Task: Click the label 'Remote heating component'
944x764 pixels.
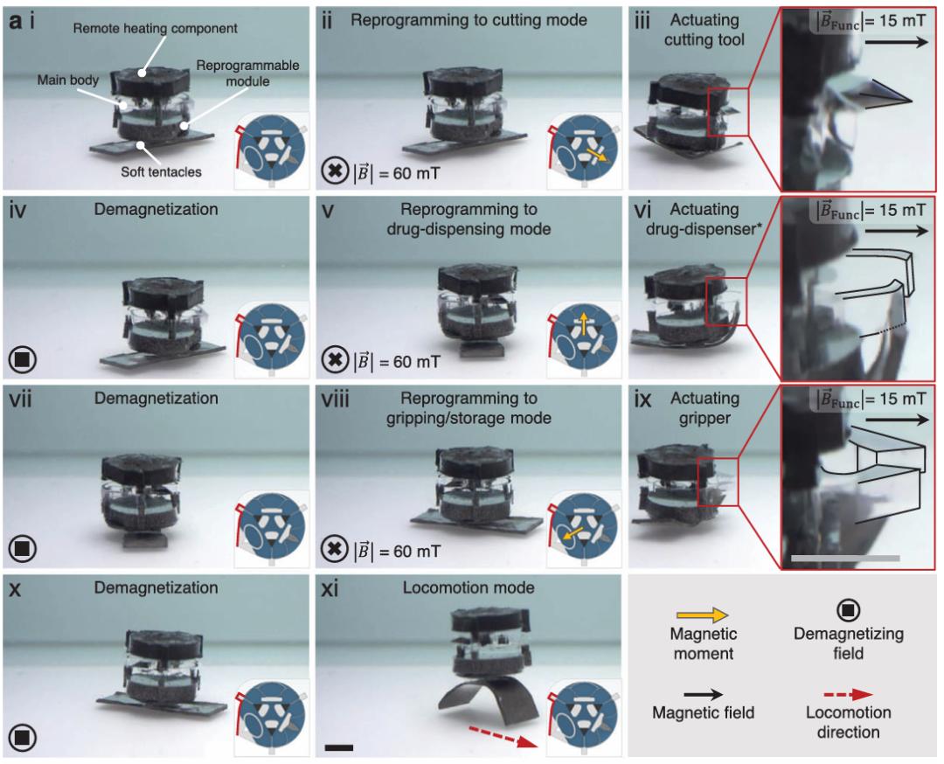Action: tap(156, 28)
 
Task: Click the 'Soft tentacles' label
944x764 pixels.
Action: tap(162, 171)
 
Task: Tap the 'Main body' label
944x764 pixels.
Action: tap(68, 80)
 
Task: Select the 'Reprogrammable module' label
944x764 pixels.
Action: tap(247, 73)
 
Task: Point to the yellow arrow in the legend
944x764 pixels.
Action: tap(703, 615)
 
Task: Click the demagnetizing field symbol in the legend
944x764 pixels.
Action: tap(848, 610)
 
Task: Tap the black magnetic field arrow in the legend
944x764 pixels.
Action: tap(703, 694)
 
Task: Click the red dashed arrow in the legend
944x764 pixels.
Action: tap(847, 695)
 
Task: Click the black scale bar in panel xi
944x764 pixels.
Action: tap(339, 747)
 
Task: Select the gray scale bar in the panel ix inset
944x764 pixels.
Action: tap(845, 558)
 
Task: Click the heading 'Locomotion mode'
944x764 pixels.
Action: tap(469, 587)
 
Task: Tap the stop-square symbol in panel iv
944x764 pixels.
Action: tap(23, 359)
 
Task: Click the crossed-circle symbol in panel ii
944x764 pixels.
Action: tap(335, 171)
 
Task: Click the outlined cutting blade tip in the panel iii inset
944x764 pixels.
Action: tap(912, 101)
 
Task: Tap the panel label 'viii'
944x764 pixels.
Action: tap(336, 399)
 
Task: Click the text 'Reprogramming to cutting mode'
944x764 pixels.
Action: tap(469, 20)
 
